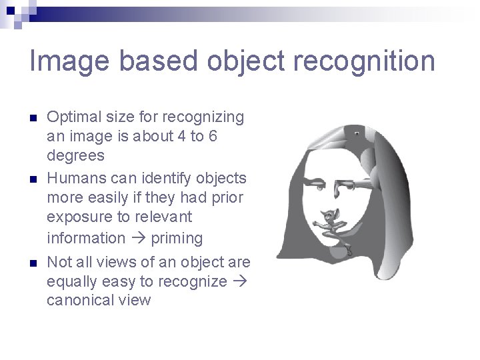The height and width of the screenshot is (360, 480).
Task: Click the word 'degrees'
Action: tap(75, 156)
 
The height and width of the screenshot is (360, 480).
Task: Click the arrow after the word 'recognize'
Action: tap(240, 281)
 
